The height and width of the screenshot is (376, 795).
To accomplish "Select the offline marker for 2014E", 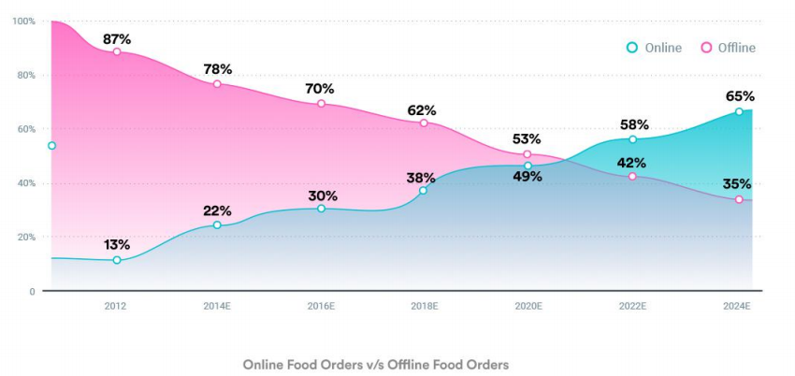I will [x=217, y=84].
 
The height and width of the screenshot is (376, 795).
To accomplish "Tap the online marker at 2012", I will [x=117, y=260].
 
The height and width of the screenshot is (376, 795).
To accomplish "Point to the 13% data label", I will [x=117, y=244].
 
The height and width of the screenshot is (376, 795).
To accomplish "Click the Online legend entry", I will [x=655, y=48].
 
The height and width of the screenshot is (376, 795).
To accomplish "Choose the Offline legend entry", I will [x=729, y=48].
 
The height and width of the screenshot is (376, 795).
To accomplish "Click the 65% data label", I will [x=739, y=96].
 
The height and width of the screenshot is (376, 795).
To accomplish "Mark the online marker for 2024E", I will [x=739, y=112].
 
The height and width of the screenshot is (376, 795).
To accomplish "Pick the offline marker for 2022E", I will [x=632, y=176].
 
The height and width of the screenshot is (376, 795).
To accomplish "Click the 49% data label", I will [x=528, y=176].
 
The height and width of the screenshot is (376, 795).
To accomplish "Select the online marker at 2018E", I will [x=423, y=191].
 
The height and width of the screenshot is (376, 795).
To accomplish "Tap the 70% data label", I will [x=320, y=89].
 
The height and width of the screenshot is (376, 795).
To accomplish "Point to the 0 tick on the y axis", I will [x=32, y=292].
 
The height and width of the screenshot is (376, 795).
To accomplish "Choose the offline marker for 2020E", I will [x=528, y=154].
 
